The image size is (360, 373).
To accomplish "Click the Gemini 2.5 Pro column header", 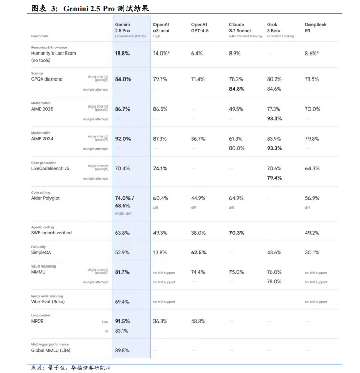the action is [x=122, y=28].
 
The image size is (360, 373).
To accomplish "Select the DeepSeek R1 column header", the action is [x=316, y=28].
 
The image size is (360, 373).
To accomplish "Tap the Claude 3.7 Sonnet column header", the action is [x=240, y=28].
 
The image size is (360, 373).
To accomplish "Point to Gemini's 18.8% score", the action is [x=122, y=54].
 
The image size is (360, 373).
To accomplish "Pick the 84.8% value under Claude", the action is [x=237, y=89].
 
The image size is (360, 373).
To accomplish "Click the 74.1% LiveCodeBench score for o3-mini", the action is [x=160, y=169].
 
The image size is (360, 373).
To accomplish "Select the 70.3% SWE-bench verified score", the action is [x=237, y=233].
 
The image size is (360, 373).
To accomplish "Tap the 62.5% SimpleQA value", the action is [x=198, y=252].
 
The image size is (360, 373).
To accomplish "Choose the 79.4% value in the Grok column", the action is [x=274, y=178].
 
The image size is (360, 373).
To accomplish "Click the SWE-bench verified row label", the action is [x=51, y=233].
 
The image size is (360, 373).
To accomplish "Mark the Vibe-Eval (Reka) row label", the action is [x=47, y=302].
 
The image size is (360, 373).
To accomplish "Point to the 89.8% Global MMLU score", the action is [x=122, y=350].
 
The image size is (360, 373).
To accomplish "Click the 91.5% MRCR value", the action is [x=122, y=321].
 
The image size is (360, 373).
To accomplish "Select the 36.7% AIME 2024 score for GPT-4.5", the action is [x=198, y=139].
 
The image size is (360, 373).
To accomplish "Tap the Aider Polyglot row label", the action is [x=45, y=198].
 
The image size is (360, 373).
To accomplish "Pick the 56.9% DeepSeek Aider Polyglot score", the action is [x=312, y=198].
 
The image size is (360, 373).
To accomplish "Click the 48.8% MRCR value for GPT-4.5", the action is [x=198, y=321].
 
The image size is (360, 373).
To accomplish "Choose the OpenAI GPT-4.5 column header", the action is [x=199, y=28].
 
